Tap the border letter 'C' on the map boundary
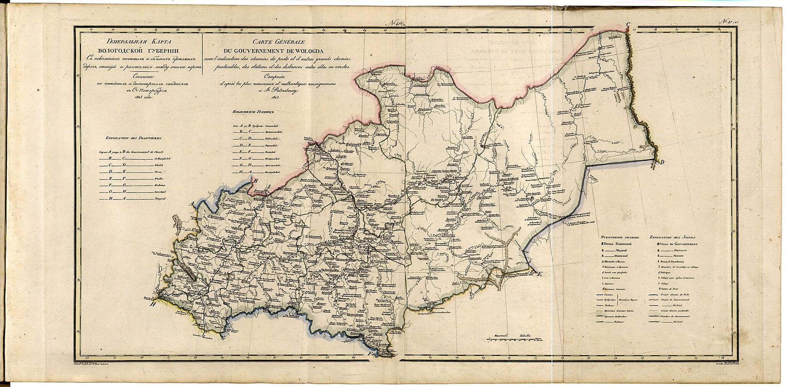click(x=628, y=25)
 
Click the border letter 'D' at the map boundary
click(x=662, y=162)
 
